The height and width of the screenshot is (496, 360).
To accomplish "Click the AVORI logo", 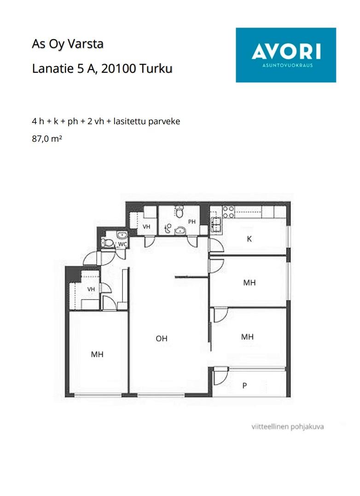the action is tap(285, 55).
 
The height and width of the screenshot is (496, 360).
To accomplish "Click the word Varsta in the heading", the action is tap(86, 44).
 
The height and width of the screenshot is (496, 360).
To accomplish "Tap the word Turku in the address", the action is tap(156, 68).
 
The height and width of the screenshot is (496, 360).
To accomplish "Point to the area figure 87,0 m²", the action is tap(47, 138).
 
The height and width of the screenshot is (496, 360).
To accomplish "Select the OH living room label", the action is tap(162, 339).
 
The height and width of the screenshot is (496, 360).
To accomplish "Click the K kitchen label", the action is tap(249, 239).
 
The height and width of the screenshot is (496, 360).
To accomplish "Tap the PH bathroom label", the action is tap(192, 222).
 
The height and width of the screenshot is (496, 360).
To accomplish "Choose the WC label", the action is tap(122, 244).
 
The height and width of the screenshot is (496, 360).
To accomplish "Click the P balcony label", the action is tap(244, 386).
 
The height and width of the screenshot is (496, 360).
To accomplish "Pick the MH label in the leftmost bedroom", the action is tap(97, 354).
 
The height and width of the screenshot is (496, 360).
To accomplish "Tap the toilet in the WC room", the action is tap(108, 243).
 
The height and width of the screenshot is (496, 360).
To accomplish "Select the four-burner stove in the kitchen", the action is tap(229, 212).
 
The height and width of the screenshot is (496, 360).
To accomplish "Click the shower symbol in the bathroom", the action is tap(168, 228).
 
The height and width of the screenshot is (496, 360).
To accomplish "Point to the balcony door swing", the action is tap(221, 376).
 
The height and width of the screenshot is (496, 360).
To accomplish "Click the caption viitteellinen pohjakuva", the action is tap(287, 427).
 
